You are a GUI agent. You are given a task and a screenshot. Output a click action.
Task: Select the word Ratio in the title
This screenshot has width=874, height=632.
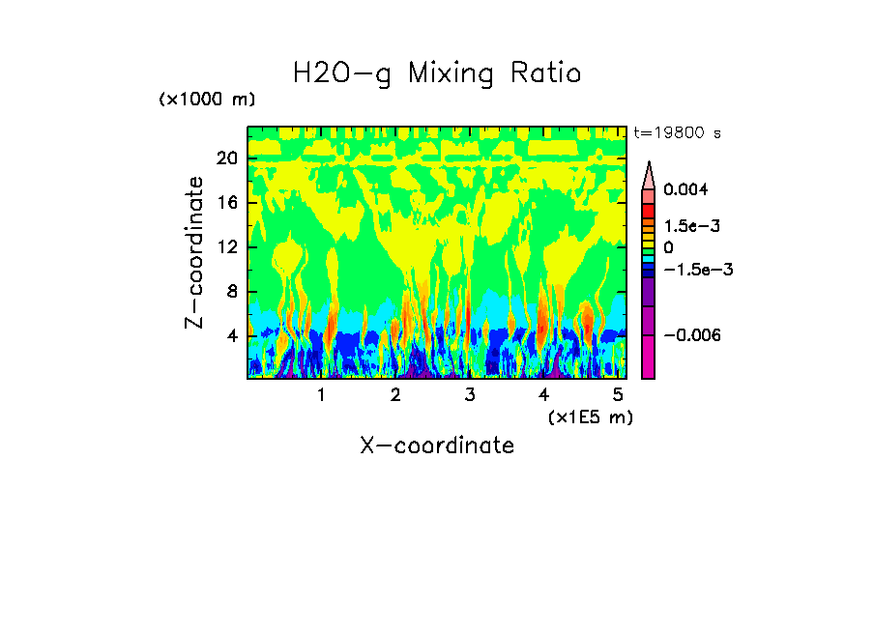pyautogui.click(x=546, y=73)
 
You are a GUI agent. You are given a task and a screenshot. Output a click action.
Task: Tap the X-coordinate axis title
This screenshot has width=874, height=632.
pyautogui.click(x=437, y=445)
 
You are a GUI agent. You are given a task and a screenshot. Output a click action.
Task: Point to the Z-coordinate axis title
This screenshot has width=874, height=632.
pyautogui.click(x=195, y=252)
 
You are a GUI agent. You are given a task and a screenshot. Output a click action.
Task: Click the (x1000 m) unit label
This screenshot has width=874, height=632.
pyautogui.click(x=207, y=100)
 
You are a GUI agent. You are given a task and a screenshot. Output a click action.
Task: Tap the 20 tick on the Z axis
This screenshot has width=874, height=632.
pyautogui.click(x=226, y=158)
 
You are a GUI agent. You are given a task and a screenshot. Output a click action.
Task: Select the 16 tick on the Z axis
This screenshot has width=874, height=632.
pyautogui.click(x=226, y=203)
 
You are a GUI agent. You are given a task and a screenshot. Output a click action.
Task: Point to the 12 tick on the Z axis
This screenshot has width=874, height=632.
pyautogui.click(x=226, y=247)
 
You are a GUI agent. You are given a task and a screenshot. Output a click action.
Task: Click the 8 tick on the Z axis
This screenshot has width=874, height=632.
pyautogui.click(x=231, y=292)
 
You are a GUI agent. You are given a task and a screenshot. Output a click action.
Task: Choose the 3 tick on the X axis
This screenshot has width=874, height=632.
pyautogui.click(x=469, y=394)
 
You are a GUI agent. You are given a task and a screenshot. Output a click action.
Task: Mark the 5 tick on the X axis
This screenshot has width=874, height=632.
pyautogui.click(x=618, y=394)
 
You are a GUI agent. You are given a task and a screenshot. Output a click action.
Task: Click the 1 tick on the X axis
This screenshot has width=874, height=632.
pyautogui.click(x=321, y=394)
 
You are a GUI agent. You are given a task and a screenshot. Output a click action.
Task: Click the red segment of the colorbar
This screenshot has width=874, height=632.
pyautogui.click(x=649, y=211)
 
